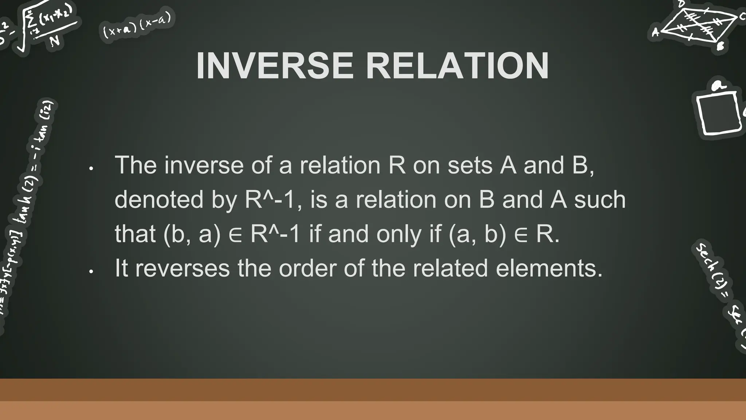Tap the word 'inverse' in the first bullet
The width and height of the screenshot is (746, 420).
pos(204,165)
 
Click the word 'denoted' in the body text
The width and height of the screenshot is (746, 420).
pos(159,200)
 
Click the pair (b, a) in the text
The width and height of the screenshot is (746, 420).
pos(192,234)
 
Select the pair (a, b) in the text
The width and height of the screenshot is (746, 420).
pos(478,234)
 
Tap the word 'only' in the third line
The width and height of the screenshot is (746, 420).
pos(399,234)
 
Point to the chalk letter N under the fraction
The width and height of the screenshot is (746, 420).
pos(55,41)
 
